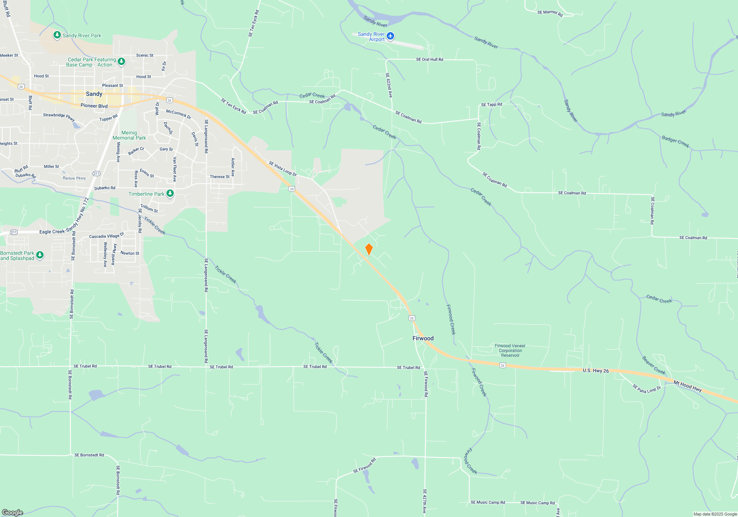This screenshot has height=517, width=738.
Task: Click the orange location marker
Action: (x=369, y=249)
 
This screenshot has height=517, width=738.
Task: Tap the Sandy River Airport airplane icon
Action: (x=390, y=36)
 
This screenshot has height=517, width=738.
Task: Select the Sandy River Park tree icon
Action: (x=57, y=35)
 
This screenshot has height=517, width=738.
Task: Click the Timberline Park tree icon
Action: (x=170, y=193)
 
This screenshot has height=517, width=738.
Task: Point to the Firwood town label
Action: (x=423, y=338)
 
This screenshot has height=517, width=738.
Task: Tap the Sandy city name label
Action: (x=94, y=94)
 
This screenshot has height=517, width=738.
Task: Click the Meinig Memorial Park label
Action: (x=129, y=135)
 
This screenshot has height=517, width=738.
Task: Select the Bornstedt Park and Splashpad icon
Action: (x=40, y=255)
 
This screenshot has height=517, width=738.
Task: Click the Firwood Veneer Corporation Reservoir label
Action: (x=510, y=350)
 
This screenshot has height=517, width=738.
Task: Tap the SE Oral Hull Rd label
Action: (x=430, y=59)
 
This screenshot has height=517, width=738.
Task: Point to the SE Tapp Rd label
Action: (x=492, y=105)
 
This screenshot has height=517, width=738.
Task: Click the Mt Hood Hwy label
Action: (x=687, y=386)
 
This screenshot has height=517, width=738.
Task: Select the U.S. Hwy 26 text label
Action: (x=596, y=371)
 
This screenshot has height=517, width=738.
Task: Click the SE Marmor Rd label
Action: (x=550, y=13)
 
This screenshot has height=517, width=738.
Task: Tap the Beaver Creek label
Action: (x=653, y=365)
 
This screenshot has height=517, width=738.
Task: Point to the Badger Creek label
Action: (x=675, y=141)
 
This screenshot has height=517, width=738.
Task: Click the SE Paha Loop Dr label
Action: (x=646, y=389)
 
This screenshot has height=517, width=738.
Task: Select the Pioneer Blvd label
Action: (x=94, y=106)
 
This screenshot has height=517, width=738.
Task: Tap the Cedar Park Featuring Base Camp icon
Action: (x=121, y=61)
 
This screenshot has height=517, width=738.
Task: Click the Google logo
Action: (x=13, y=512)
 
